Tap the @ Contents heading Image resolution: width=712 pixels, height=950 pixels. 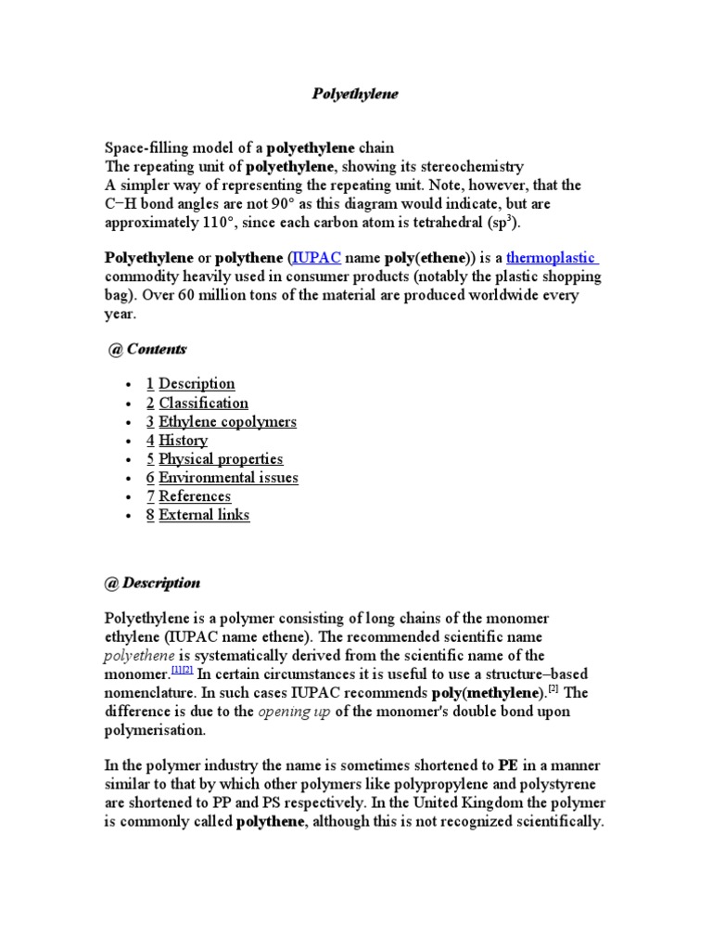(147, 349)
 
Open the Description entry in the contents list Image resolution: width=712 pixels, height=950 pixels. (197, 384)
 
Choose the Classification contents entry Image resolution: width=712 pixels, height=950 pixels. (203, 403)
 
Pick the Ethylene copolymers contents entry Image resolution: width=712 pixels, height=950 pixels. (227, 421)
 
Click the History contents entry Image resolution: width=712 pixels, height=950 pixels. (183, 440)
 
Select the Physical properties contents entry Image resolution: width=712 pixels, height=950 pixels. (221, 458)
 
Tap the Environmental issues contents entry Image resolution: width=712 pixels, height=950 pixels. (228, 478)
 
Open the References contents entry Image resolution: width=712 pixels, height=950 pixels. (195, 496)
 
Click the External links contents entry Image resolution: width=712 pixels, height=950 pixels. (204, 515)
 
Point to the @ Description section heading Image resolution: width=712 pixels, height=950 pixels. (152, 584)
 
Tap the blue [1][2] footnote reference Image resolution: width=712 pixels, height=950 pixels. (182, 671)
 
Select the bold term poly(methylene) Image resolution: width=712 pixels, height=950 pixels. (485, 692)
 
